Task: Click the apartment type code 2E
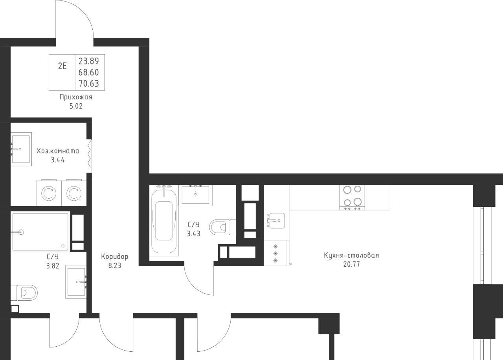[62, 66]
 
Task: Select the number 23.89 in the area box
[88, 61]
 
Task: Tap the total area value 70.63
[88, 84]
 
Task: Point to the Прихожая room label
[76, 97]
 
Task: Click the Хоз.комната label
[58, 151]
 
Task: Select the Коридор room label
[114, 256]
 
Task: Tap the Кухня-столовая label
[351, 255]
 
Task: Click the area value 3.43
[194, 234]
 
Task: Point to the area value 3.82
[53, 266]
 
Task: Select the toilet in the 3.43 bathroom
[222, 227]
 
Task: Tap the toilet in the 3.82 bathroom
[24, 293]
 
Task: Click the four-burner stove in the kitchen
[352, 197]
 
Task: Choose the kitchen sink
[276, 221]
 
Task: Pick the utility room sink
[21, 149]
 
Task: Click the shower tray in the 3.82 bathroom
[40, 232]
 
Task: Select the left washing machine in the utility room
[49, 193]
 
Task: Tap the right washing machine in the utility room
[74, 193]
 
